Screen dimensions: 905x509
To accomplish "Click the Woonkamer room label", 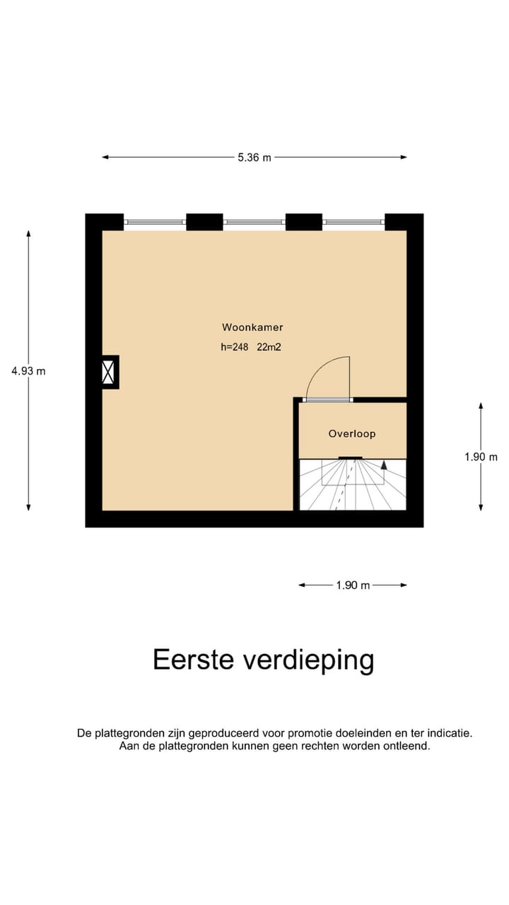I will [252, 327].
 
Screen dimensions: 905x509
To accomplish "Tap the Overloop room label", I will [351, 433].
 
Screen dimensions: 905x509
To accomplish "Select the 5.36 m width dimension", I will [254, 158].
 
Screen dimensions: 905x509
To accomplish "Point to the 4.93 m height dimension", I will [28, 370].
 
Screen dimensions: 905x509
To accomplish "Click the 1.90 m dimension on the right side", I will [481, 457].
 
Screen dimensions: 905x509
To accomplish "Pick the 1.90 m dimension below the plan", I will [353, 585].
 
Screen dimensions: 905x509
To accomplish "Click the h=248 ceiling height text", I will [235, 347].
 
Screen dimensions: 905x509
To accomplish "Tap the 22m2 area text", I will [269, 347].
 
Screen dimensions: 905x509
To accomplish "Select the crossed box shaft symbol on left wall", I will [109, 372].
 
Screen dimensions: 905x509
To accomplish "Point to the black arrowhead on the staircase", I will [384, 465].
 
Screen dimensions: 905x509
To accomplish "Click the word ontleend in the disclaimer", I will [404, 746].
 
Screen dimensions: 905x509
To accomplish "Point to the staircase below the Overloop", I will [353, 485].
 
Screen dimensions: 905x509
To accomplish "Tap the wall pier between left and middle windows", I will [205, 222].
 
